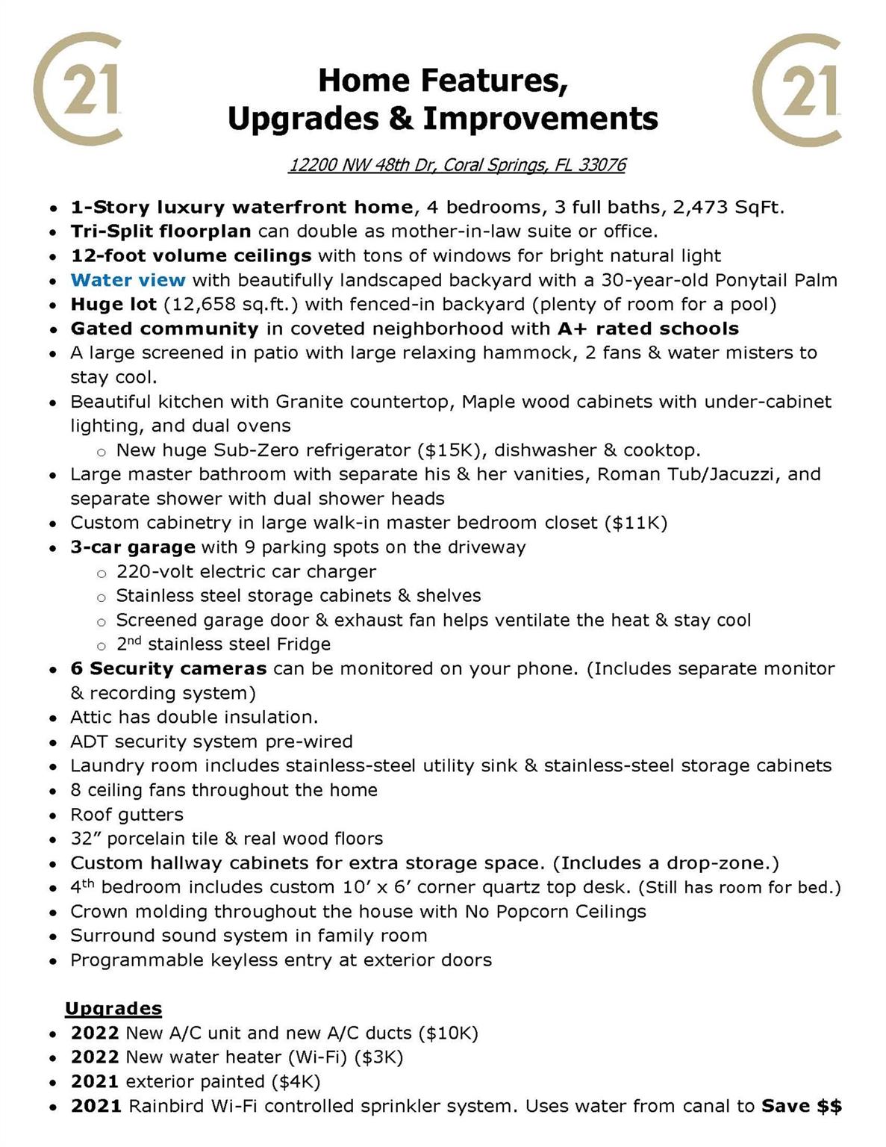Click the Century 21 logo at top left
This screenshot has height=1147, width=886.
(x=78, y=88)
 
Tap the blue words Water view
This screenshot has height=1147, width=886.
(x=128, y=280)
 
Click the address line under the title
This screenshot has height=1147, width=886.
(x=457, y=165)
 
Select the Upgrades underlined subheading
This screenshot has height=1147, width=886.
(x=113, y=1009)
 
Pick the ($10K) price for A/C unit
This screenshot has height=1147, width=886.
(x=448, y=1033)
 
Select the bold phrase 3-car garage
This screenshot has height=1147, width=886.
(x=133, y=547)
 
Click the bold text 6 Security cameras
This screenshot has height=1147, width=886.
(x=168, y=668)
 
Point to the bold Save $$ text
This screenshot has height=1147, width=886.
(x=801, y=1106)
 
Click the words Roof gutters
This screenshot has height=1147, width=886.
(x=127, y=814)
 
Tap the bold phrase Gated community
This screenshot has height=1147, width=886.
(x=164, y=329)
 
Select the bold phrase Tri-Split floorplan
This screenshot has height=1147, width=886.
(x=160, y=231)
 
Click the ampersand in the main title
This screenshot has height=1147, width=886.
(x=401, y=119)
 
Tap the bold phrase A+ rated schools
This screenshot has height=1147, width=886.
(x=648, y=329)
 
